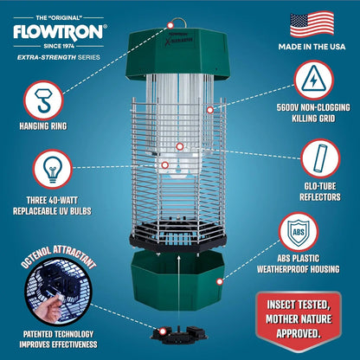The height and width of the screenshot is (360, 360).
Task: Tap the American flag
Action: [x=312, y=23]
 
